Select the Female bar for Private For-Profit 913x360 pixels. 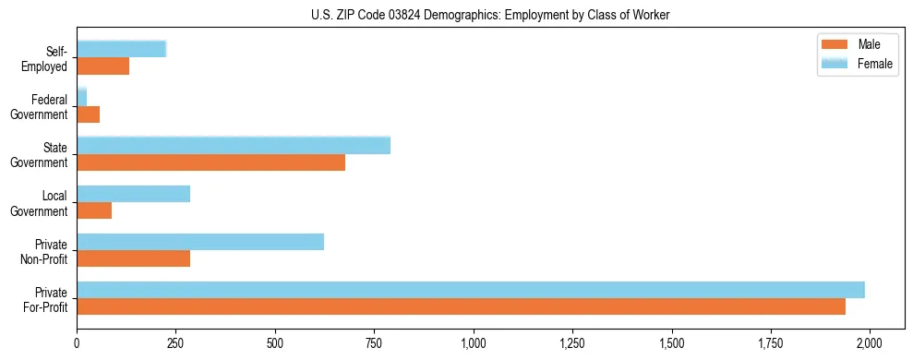tap(471, 290)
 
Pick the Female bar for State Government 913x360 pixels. tap(234, 146)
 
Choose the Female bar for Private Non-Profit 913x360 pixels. tap(200, 242)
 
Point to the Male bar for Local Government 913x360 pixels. tap(94, 210)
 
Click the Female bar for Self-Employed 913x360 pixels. tap(121, 49)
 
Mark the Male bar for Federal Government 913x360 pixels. tap(88, 114)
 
